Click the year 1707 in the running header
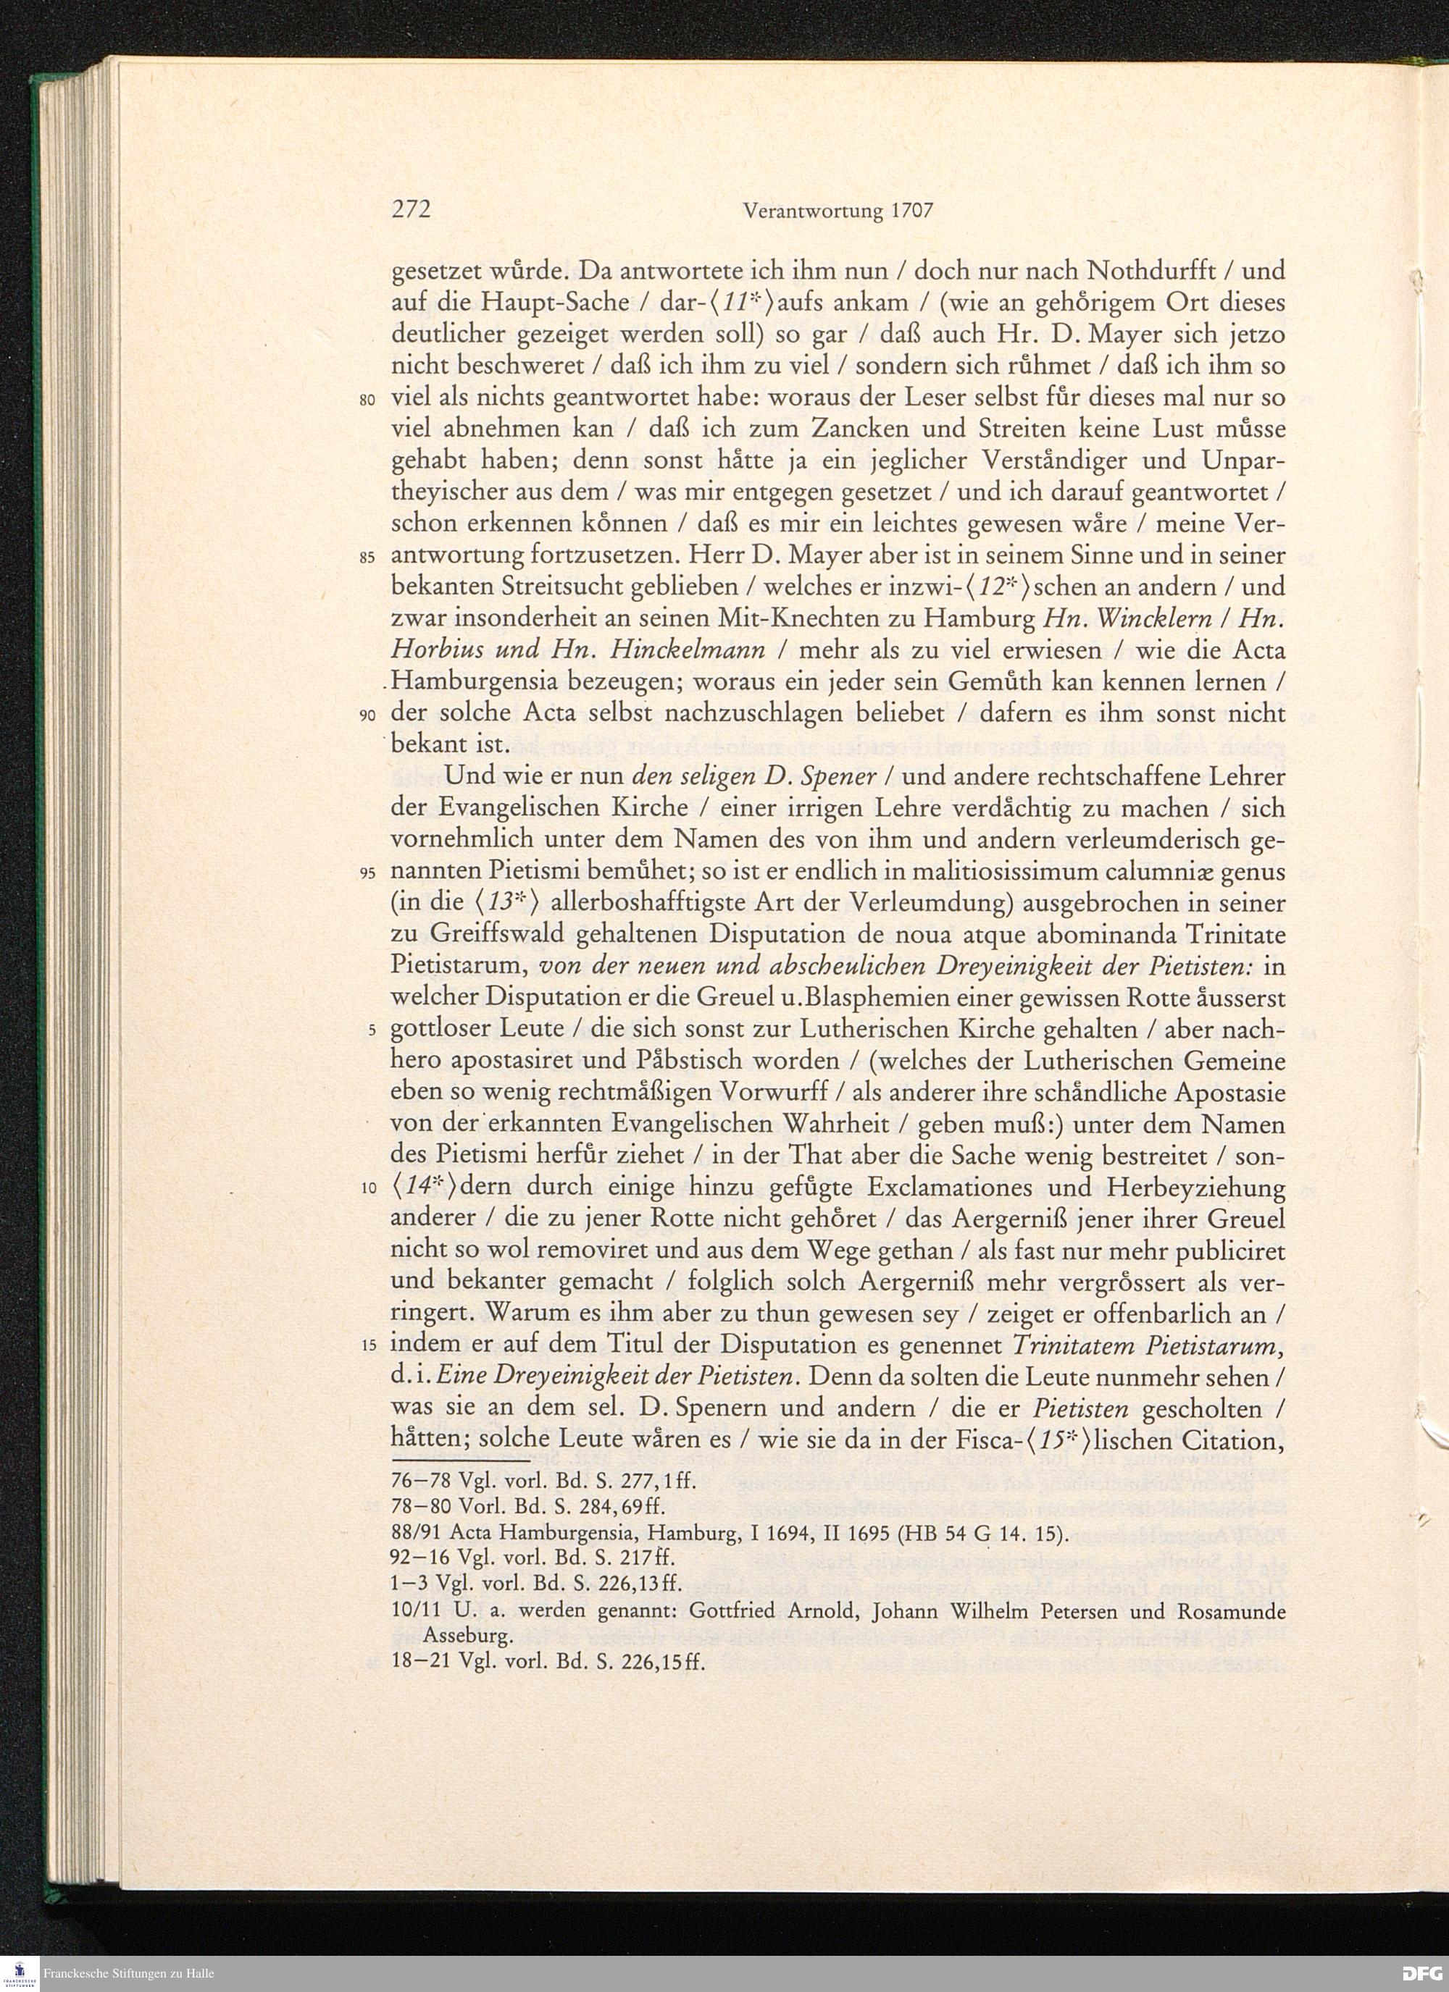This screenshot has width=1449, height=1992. click(x=908, y=211)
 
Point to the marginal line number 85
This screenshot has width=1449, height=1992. click(x=368, y=558)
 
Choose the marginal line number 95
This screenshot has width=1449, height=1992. click(x=368, y=874)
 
